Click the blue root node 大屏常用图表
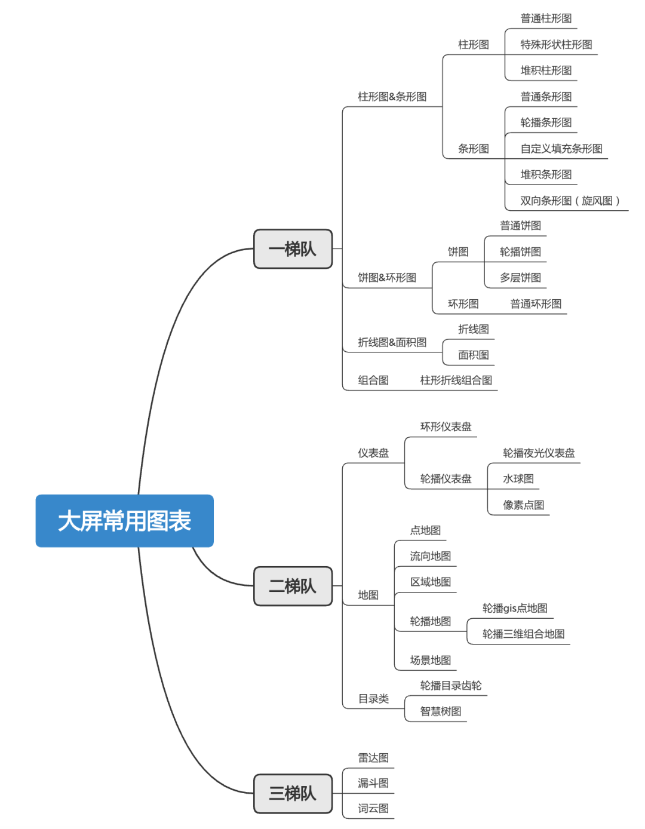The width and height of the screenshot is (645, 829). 124,521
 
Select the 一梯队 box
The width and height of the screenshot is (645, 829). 293,249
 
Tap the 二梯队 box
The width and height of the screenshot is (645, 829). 293,586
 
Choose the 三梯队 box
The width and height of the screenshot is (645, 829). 293,794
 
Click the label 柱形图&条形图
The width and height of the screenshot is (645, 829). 392,97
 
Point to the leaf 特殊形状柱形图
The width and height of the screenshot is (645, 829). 556,45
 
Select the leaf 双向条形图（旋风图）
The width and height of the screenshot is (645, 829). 570,201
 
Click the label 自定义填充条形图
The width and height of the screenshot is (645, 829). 561,149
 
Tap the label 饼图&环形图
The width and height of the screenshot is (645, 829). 386,278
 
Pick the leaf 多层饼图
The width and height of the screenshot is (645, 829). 520,278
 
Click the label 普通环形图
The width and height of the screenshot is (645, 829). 536,304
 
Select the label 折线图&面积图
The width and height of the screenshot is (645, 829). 392,342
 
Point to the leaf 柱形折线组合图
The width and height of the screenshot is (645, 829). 456,380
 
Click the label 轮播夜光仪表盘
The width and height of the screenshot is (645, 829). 539,453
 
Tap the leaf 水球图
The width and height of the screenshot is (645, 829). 518,479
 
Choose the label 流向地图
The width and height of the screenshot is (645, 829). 430,557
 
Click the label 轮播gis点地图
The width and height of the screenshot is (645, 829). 515,609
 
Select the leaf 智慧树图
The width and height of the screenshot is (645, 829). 440,711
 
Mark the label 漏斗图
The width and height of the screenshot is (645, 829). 373,783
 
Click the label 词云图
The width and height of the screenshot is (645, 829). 373,809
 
